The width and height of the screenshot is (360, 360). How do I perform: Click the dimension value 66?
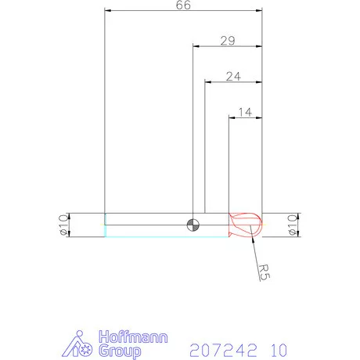pyautogui.click(x=184, y=5)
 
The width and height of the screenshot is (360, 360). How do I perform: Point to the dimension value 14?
pyautogui.click(x=244, y=113)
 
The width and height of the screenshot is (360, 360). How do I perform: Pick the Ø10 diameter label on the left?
pyautogui.click(x=62, y=225)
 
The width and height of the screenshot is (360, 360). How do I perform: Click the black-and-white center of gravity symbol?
pyautogui.click(x=193, y=225)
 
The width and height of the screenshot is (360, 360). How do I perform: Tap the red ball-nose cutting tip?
pyautogui.click(x=245, y=225)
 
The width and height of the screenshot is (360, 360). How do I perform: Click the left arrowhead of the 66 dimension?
pyautogui.click(x=107, y=10)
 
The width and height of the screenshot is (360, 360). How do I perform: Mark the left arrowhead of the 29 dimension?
pyautogui.click(x=196, y=45)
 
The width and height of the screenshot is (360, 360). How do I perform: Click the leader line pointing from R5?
pyautogui.click(x=255, y=249)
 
